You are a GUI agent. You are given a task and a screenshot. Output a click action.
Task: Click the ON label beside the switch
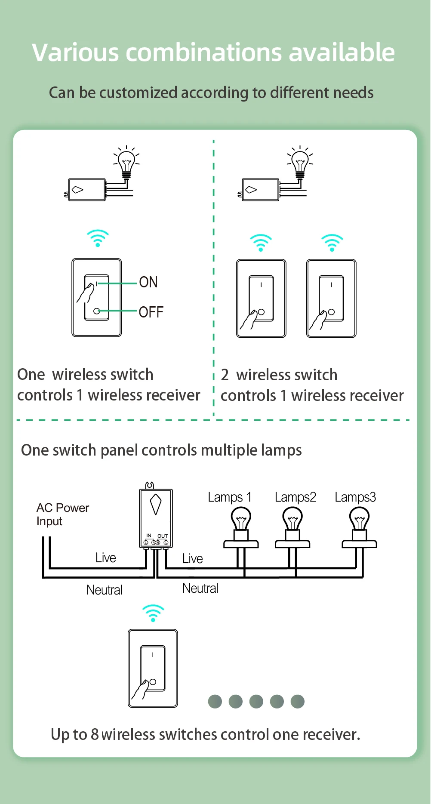(148, 282)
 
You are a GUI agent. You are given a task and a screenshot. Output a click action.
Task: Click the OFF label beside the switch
(151, 312)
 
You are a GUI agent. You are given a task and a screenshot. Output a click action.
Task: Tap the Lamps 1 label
(229, 497)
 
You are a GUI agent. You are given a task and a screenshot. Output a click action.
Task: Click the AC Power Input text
(62, 514)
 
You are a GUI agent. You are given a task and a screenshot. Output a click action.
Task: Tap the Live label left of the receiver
(106, 558)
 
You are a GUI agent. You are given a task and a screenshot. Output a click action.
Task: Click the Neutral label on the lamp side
(200, 588)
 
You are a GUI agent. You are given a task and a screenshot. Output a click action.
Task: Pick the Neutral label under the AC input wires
(104, 590)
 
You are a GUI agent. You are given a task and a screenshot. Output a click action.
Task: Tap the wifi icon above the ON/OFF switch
(98, 238)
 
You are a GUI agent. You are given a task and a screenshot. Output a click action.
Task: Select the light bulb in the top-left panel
(126, 162)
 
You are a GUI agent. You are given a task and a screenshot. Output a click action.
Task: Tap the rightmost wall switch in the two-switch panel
(331, 299)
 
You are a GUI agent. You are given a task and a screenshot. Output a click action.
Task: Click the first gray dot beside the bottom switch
(215, 702)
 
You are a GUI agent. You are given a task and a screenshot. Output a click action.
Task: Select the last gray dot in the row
(298, 702)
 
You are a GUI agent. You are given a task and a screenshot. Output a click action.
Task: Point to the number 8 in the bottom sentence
(95, 735)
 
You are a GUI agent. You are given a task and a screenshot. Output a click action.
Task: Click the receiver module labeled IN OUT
(156, 518)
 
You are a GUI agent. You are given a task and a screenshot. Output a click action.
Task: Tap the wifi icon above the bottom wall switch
(153, 613)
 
